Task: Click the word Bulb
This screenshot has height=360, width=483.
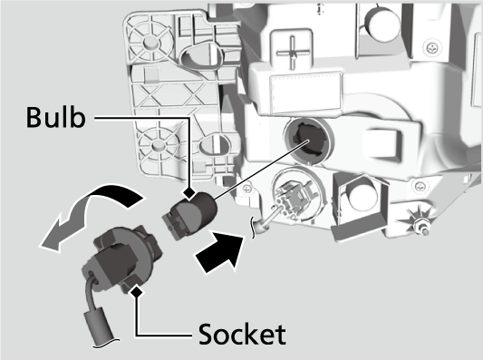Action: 56,117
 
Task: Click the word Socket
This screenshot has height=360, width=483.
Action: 242,334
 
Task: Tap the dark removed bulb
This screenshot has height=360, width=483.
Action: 189,215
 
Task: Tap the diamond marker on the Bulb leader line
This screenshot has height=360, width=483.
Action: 189,193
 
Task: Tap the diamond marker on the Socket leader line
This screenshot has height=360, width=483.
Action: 137,291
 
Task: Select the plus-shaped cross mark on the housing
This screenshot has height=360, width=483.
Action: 292,53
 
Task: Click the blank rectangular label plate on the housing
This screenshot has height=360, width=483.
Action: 306,92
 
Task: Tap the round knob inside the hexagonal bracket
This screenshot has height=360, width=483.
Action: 362,193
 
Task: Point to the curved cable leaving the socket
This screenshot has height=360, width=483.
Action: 92,293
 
